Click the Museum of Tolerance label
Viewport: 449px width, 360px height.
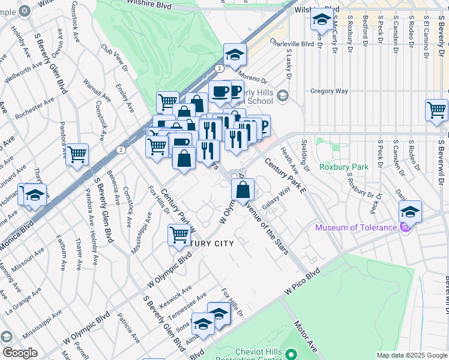356,227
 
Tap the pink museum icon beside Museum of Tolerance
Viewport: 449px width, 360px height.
405,227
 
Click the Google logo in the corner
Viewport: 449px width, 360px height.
20,353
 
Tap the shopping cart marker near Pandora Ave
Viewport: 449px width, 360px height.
77,155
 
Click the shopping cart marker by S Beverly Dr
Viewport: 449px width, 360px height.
436,110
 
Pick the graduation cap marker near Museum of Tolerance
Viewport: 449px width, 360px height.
410,212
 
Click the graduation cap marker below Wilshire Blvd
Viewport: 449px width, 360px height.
322,20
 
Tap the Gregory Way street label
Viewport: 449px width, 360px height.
329,91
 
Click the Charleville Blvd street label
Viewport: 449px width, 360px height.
292,44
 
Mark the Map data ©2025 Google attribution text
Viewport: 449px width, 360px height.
412,355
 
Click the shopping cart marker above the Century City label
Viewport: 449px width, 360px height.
179,236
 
